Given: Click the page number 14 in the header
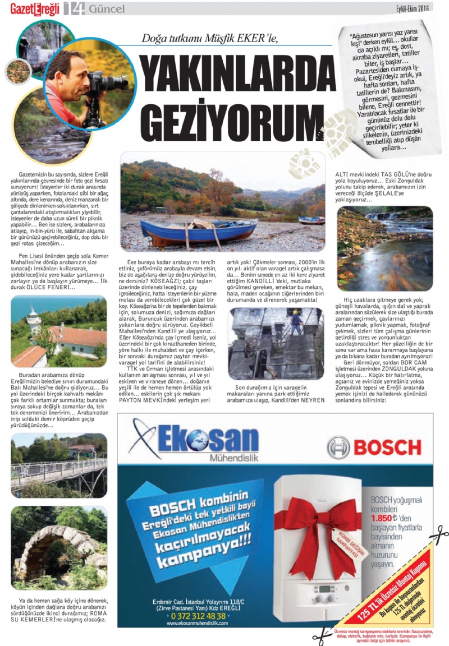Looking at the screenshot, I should [x=74, y=8].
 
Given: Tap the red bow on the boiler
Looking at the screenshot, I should [x=325, y=521].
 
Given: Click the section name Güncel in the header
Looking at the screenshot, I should [x=107, y=8].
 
